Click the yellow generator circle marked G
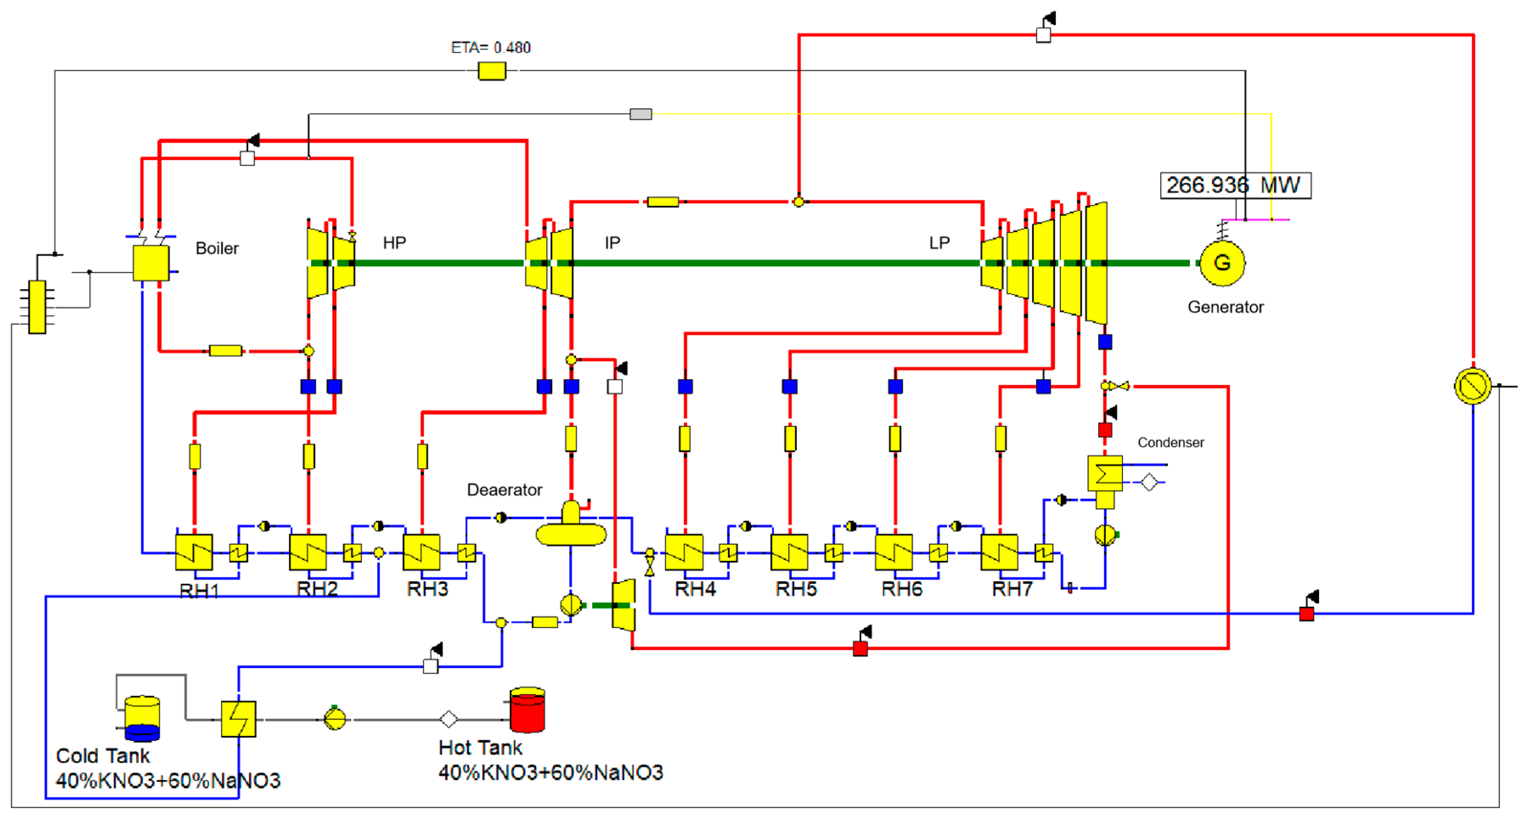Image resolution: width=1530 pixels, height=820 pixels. (x=1222, y=262)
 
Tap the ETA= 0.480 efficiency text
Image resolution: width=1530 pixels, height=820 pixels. (x=491, y=48)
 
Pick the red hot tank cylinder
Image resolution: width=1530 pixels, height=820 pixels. (x=527, y=710)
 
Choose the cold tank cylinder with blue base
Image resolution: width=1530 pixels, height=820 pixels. (x=143, y=719)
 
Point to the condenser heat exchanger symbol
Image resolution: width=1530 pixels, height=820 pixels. (x=1105, y=473)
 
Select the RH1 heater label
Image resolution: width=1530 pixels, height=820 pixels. (x=200, y=591)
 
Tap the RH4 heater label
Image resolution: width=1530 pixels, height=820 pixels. (x=695, y=589)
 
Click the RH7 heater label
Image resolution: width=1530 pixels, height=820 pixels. (x=1012, y=589)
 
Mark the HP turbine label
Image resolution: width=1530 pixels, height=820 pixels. (x=394, y=242)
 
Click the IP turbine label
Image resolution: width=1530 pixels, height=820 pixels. (x=612, y=242)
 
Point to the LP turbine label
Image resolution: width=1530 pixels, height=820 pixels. (x=939, y=242)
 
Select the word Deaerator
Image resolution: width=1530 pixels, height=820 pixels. (x=504, y=490)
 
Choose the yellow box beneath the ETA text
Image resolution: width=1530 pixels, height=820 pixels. (x=492, y=71)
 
